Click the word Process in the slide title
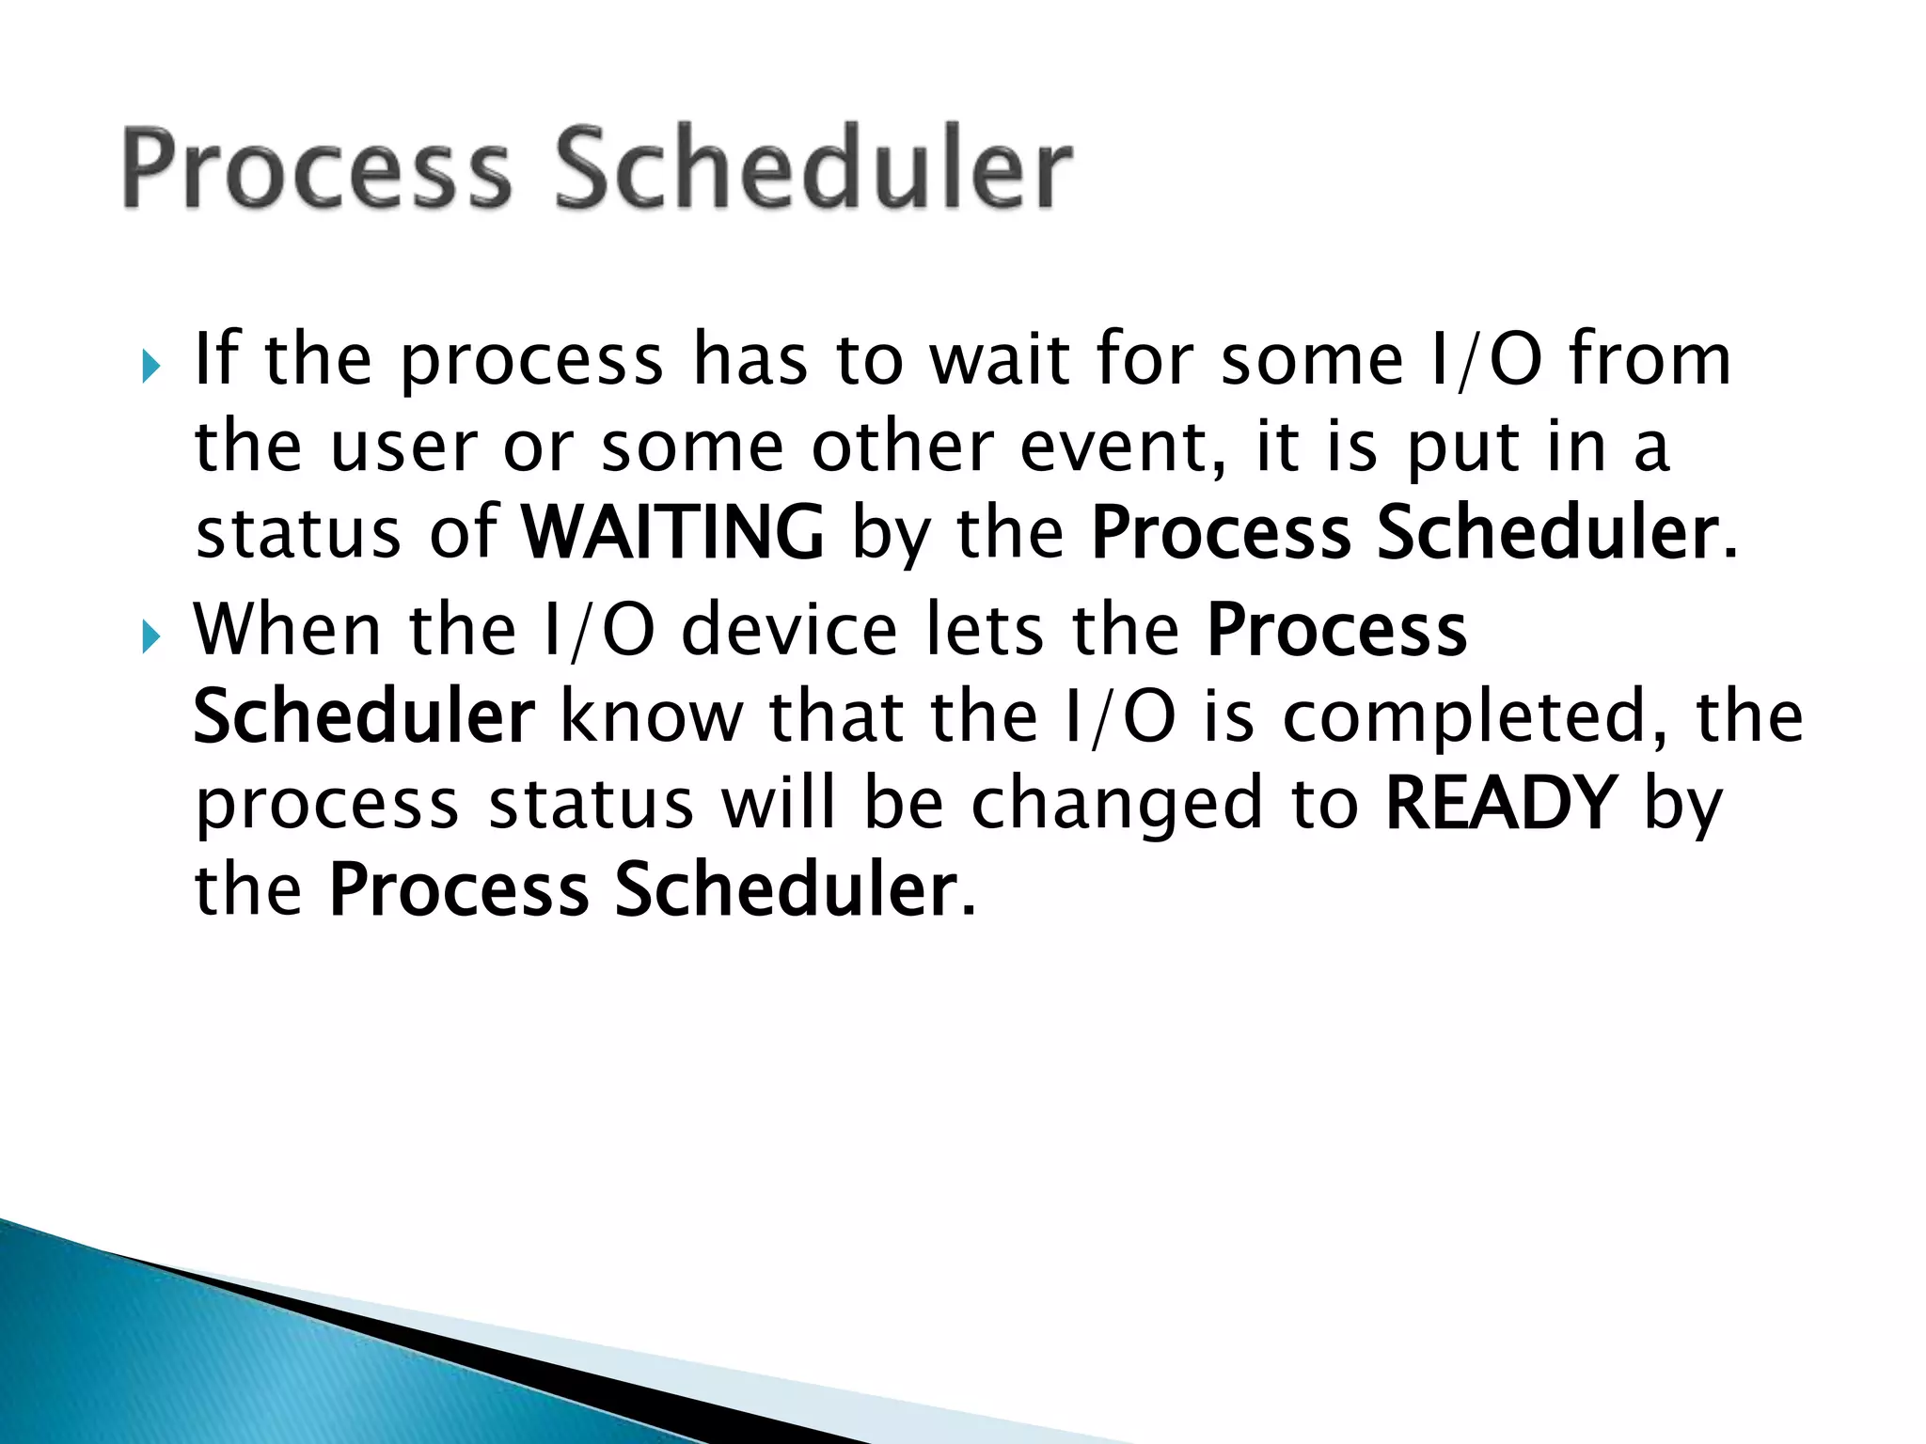(x=316, y=169)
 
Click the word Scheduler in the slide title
(x=813, y=169)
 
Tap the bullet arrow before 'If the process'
(x=151, y=366)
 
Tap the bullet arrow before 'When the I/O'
(x=151, y=636)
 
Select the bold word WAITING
(x=673, y=533)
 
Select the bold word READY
(x=1502, y=804)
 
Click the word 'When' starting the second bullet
(x=287, y=630)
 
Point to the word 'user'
(x=403, y=449)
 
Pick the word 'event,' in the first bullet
(x=1124, y=447)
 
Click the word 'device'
(x=789, y=630)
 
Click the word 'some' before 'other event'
(x=692, y=449)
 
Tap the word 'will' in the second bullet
(x=778, y=804)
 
